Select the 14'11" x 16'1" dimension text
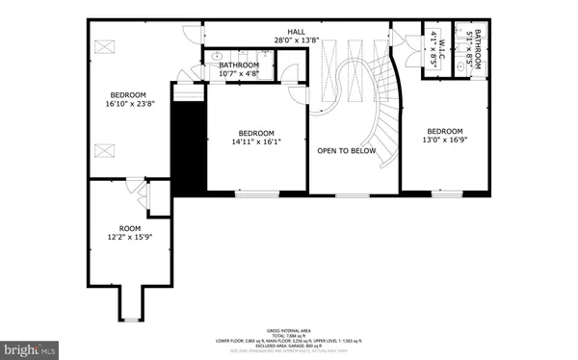[256, 142]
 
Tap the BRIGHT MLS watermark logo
[34, 347]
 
